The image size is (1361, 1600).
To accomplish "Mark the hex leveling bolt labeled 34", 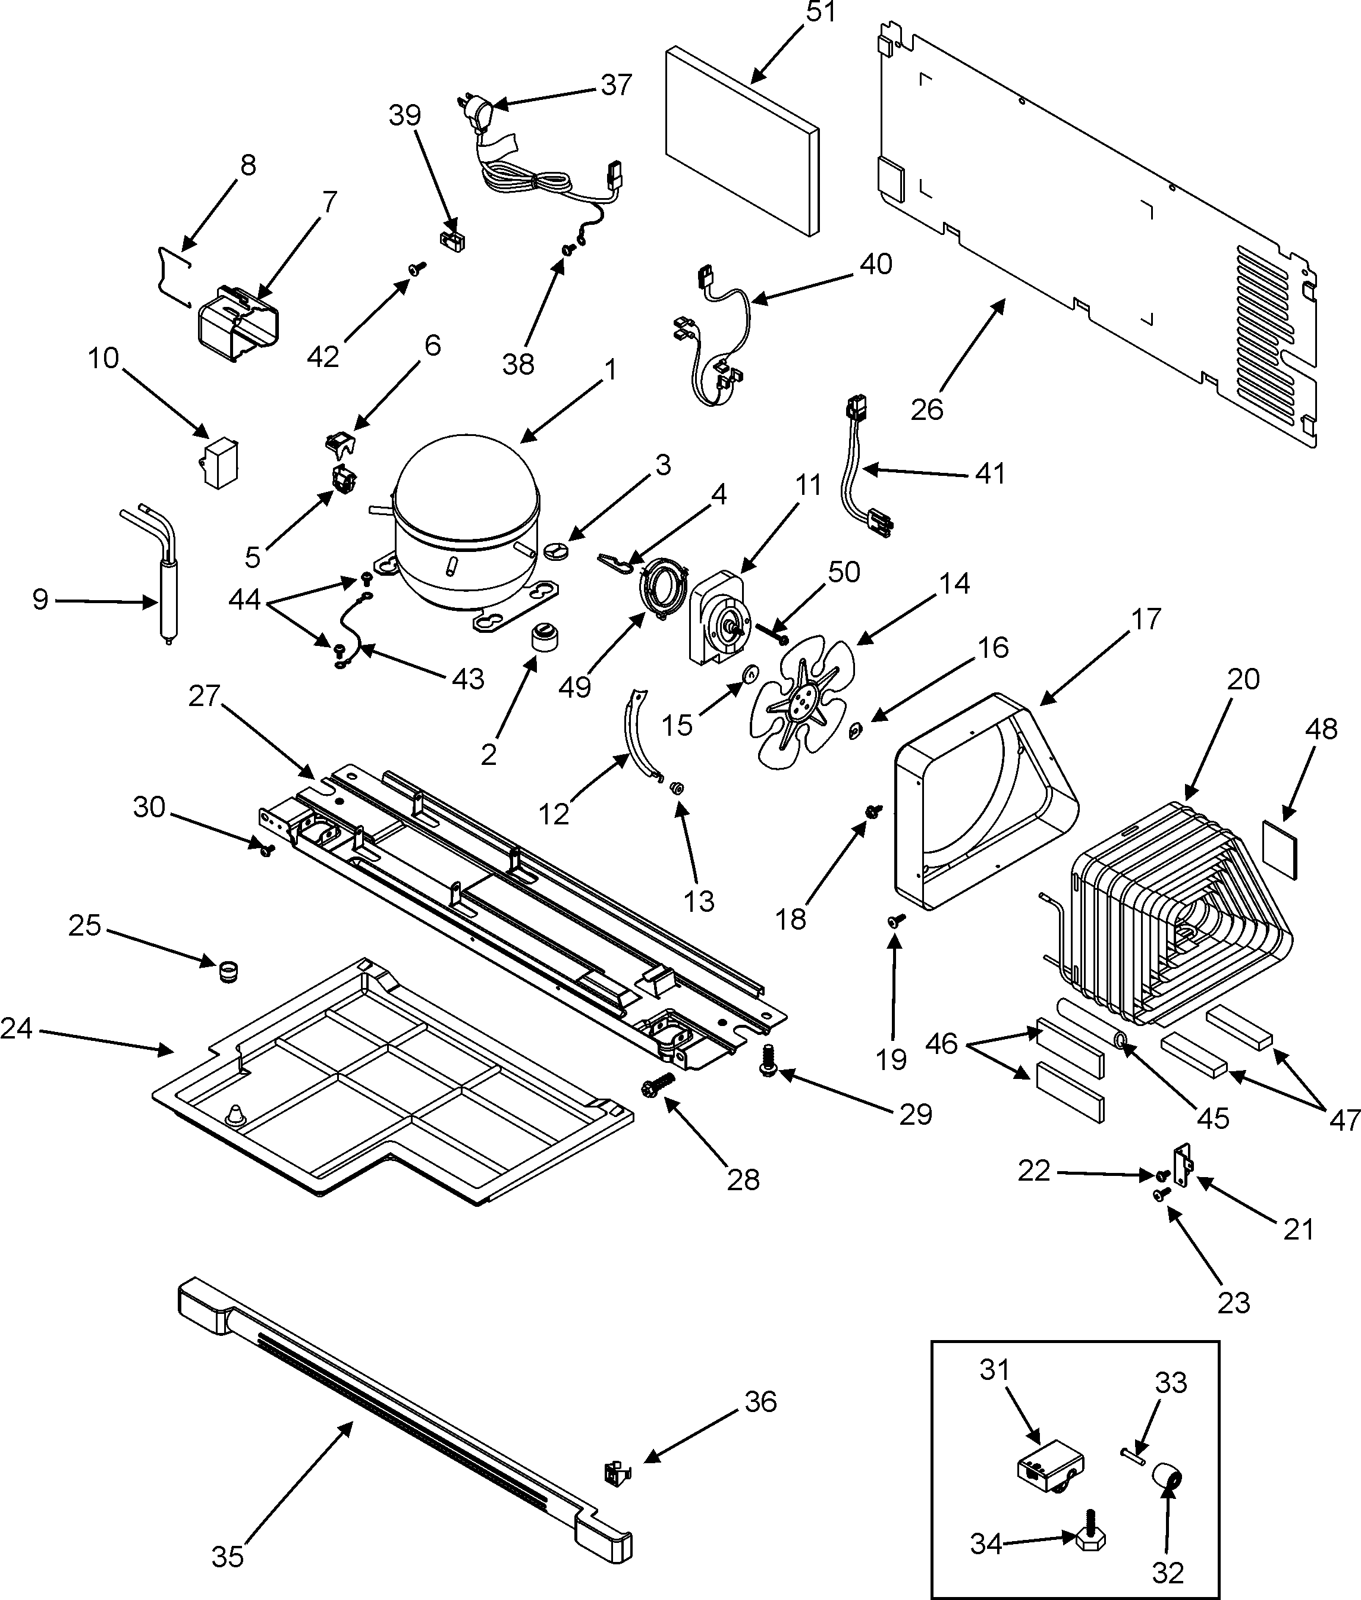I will click(1089, 1538).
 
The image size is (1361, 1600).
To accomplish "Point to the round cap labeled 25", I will click(228, 970).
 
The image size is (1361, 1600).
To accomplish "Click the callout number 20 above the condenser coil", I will click(1243, 679).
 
